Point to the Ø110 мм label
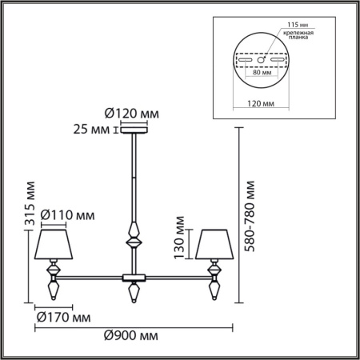coord(67,214)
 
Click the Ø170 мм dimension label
coord(62,318)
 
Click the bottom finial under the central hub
coord(133,292)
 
